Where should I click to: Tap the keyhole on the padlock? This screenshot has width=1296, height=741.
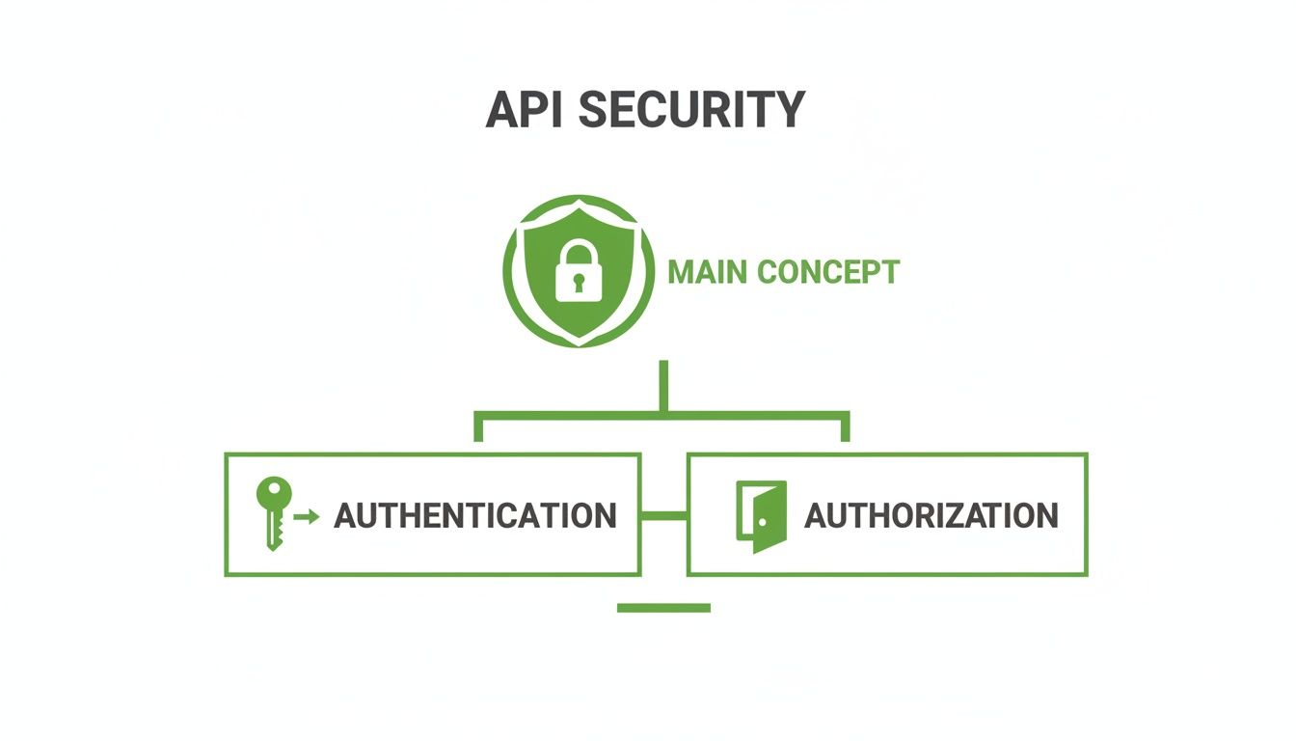[x=578, y=283]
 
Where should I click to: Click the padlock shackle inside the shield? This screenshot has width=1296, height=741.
[x=578, y=253]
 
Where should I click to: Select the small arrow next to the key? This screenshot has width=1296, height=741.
[x=307, y=517]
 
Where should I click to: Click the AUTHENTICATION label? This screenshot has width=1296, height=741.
[x=474, y=515]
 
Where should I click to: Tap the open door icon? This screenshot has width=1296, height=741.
[x=762, y=516]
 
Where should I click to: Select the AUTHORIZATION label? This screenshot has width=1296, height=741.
[x=931, y=515]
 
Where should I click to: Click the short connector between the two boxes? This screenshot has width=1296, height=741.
[x=663, y=516]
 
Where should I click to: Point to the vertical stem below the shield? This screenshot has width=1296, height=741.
[x=662, y=386]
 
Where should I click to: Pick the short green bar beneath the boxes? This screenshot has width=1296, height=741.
[x=663, y=608]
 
